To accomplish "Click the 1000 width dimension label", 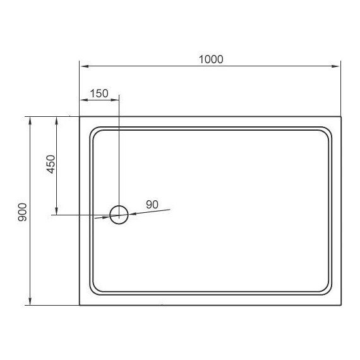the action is tap(211, 59).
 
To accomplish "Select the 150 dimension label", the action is tap(99, 93).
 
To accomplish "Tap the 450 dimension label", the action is tap(51, 164).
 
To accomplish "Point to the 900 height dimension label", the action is tap(22, 212).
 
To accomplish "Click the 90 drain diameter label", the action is tap(152, 205).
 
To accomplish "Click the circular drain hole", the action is tap(119, 206).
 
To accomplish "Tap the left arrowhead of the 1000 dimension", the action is tap(85, 66).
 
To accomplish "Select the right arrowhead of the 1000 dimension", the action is tap(335, 66).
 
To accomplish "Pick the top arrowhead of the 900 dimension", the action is tap(30, 121).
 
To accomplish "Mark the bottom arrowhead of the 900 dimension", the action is tap(30, 301).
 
